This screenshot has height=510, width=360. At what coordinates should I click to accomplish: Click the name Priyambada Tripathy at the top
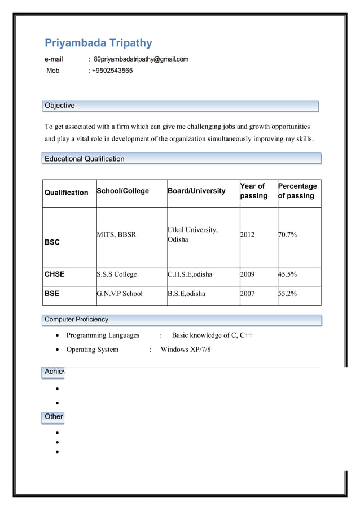(98, 43)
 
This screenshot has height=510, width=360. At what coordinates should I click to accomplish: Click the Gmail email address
(141, 59)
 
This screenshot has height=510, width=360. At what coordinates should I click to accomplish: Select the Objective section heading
(60, 106)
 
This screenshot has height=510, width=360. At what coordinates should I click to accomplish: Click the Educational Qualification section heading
(85, 159)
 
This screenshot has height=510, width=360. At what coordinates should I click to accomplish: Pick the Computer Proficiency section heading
(77, 320)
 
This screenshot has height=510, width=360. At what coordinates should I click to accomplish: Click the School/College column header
(123, 191)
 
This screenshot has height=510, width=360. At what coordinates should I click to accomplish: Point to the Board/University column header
(196, 191)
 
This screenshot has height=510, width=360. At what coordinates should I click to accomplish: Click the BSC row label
(52, 242)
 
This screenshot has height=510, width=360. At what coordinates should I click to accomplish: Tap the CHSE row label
(55, 274)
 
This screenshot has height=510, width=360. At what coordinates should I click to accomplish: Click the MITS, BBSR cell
(116, 234)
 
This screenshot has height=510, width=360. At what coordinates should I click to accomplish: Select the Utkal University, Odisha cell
(193, 234)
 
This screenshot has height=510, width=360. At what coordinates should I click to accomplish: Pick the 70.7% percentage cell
(287, 234)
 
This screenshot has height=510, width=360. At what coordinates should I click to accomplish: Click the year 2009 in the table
(247, 274)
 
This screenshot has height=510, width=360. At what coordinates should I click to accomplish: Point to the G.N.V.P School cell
(120, 294)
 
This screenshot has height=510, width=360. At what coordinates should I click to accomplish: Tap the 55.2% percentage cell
(287, 294)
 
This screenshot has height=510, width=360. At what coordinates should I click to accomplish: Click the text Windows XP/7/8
(186, 350)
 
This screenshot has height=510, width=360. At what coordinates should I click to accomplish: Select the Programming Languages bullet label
(103, 335)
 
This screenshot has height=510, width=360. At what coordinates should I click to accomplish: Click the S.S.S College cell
(117, 274)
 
